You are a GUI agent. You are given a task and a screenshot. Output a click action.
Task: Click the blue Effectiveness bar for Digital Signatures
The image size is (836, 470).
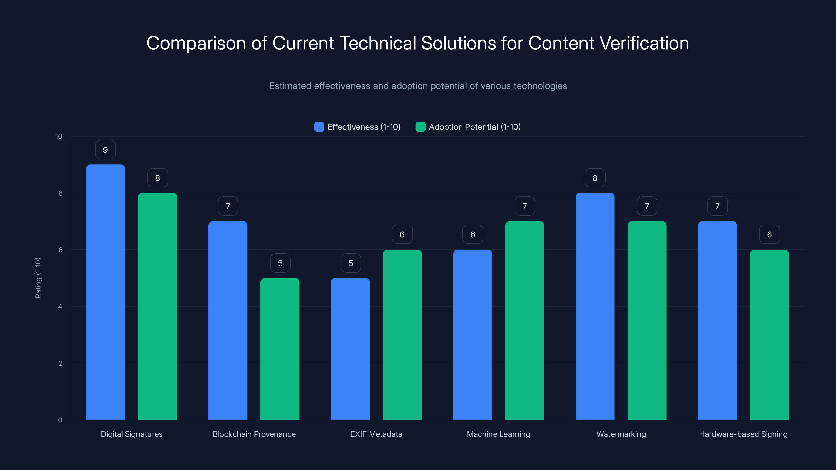point(106,292)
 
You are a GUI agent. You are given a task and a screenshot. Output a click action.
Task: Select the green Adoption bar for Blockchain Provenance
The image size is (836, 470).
point(280,349)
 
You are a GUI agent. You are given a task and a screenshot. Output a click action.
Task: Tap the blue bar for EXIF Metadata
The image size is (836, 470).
point(350,349)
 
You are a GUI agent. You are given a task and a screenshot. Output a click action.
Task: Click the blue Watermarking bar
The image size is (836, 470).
point(595,306)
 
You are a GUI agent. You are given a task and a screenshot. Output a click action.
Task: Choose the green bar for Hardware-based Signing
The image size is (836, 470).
point(769,334)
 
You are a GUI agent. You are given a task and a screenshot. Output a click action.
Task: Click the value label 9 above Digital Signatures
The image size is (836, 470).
point(106,150)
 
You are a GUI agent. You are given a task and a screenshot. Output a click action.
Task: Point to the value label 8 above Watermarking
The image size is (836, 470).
point(595,178)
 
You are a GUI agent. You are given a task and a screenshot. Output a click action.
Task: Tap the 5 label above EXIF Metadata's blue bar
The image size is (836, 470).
point(351,263)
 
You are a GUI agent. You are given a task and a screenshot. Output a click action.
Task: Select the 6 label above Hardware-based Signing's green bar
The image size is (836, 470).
point(769,234)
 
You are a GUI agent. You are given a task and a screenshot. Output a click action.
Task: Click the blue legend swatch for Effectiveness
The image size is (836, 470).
point(319,127)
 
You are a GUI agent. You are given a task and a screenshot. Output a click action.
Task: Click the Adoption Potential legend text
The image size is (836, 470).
point(474,127)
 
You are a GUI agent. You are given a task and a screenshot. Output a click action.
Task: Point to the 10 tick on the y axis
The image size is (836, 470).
point(59,136)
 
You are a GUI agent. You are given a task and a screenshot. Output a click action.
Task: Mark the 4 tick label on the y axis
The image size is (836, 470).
point(60,307)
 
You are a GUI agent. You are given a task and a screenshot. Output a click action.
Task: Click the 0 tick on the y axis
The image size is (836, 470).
point(60,420)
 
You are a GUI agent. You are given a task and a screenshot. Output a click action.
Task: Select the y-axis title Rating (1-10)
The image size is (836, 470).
point(38,278)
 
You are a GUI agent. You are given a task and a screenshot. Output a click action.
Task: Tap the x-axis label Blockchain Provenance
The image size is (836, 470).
point(254,434)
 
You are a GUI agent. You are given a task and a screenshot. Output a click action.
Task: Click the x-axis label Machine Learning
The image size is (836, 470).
point(498,434)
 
